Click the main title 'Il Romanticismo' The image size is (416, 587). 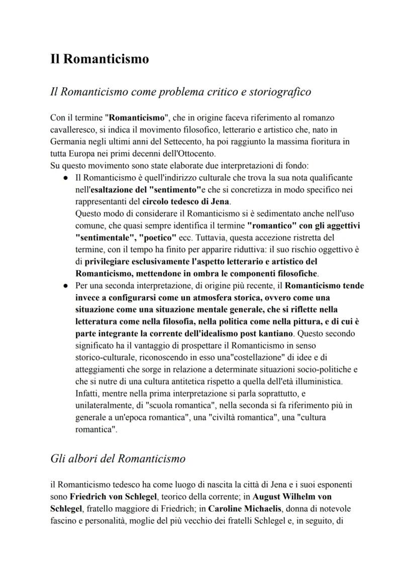(99, 59)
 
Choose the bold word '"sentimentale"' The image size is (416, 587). (105, 238)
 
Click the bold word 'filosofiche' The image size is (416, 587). (296, 274)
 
